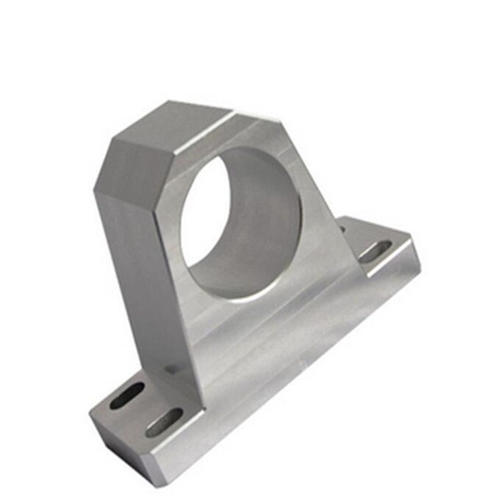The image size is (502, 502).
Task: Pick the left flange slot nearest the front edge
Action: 163,422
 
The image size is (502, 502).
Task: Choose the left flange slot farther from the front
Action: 127,396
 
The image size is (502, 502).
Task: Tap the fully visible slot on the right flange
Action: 375,251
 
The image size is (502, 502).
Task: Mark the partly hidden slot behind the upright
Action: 343,230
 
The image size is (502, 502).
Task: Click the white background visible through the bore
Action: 204,214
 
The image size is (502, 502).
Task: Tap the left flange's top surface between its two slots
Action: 145,409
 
